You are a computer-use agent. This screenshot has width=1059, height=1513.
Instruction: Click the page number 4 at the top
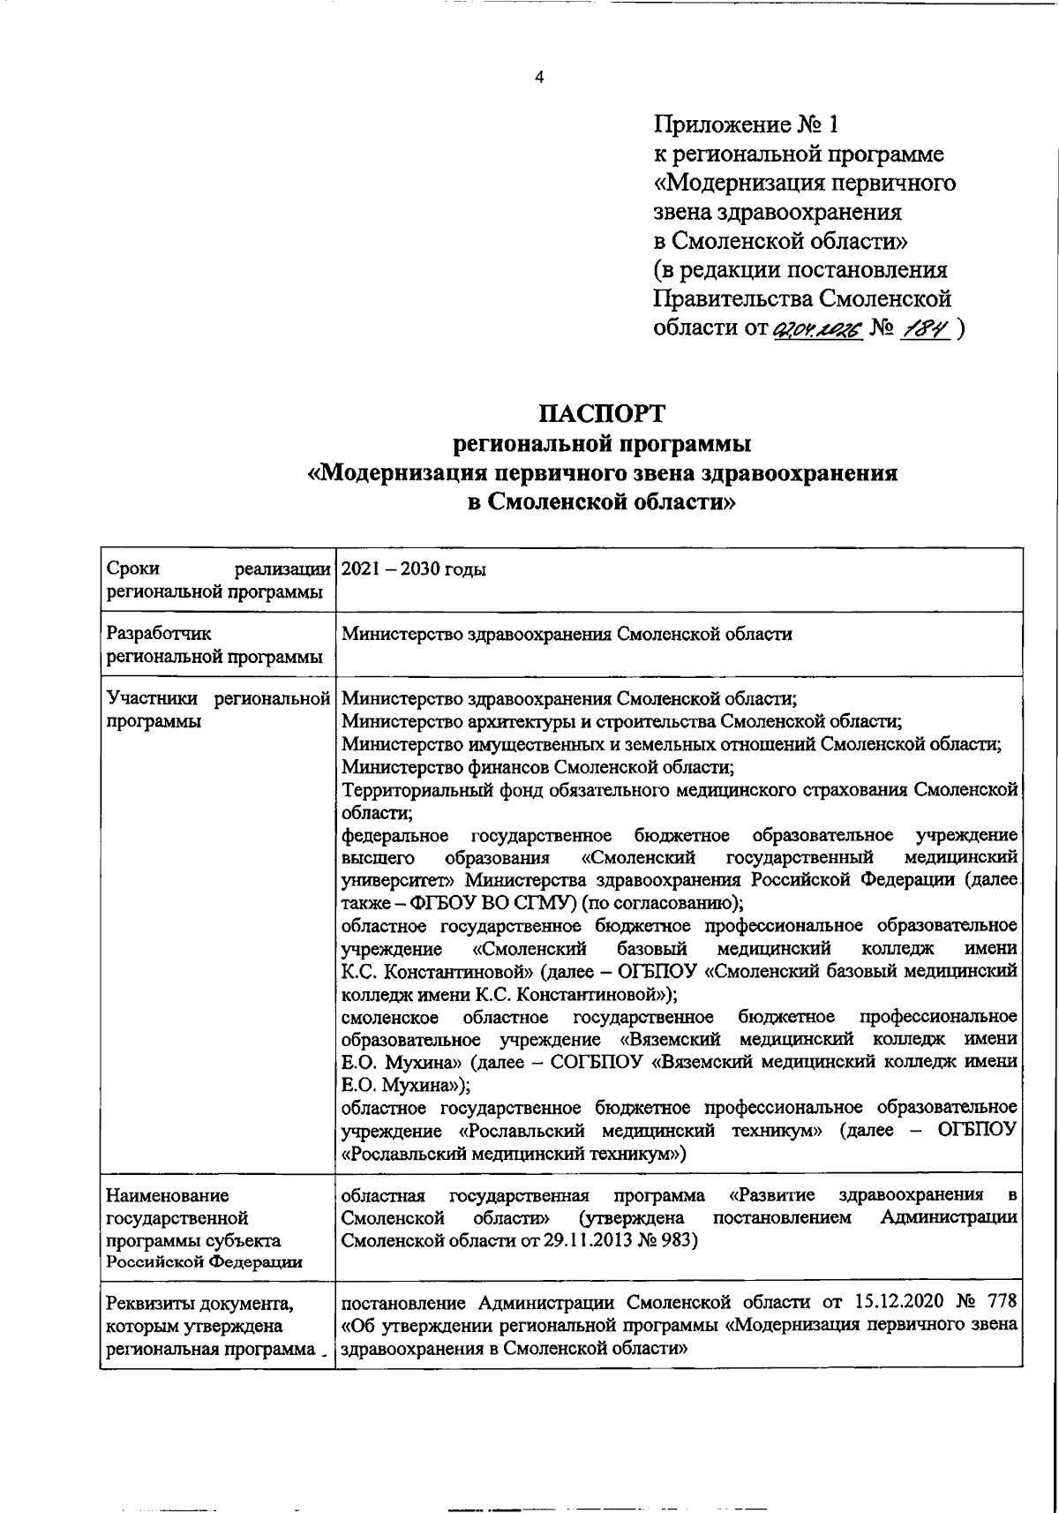[x=539, y=77]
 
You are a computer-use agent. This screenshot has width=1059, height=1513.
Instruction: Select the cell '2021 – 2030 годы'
[x=413, y=569]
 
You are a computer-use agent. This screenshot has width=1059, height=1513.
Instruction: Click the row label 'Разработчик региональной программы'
[x=214, y=645]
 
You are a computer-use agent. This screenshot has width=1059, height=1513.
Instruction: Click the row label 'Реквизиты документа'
[x=200, y=1304]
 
